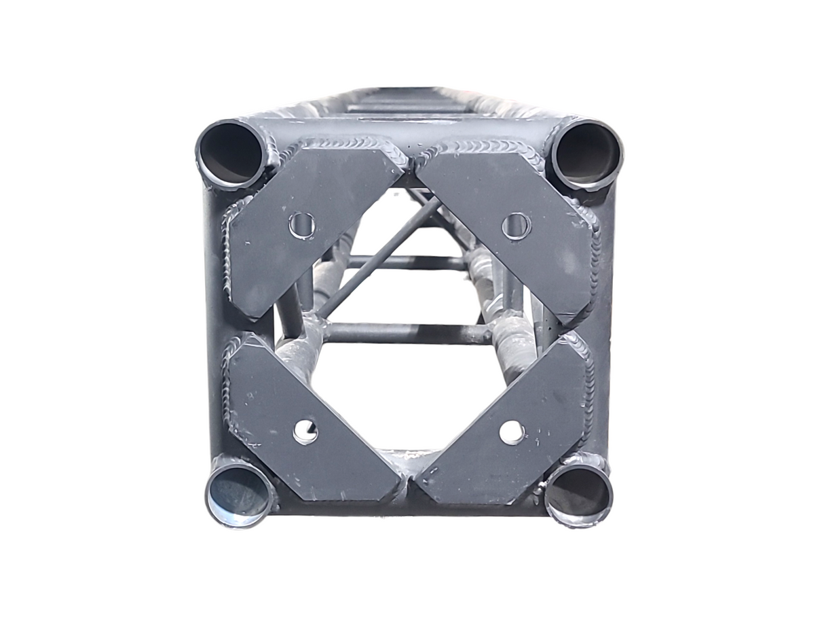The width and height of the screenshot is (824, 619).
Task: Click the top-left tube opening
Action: point(231,154)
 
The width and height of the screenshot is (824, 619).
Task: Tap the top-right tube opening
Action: point(587,154)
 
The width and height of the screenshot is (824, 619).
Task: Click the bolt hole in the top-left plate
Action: point(302,226)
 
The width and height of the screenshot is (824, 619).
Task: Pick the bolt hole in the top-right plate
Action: point(516,226)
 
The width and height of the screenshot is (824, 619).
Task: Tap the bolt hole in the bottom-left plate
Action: point(305,431)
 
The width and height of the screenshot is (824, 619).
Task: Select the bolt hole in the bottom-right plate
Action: point(512,431)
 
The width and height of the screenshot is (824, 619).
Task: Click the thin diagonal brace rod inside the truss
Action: point(380,258)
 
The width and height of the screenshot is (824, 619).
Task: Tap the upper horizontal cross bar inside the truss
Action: point(407,262)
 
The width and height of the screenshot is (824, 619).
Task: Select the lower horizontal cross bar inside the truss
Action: point(407,333)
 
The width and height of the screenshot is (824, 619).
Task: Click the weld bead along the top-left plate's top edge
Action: point(346,144)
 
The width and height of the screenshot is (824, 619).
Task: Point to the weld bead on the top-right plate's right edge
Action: point(595,258)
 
